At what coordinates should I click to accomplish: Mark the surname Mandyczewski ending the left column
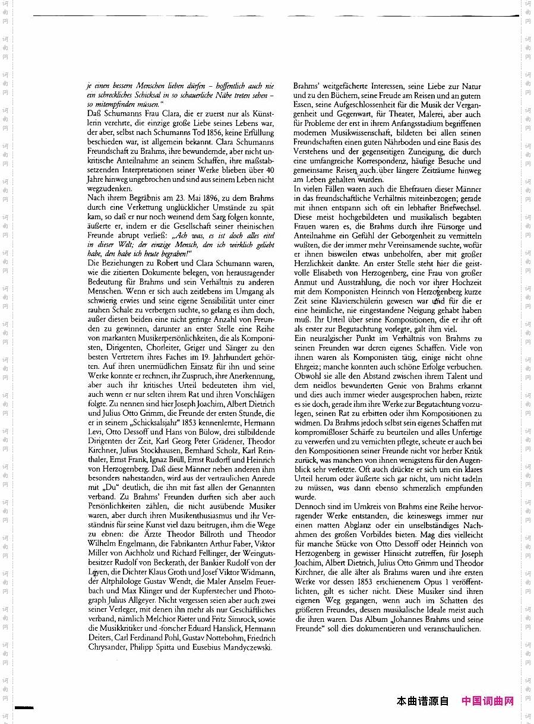(244, 647)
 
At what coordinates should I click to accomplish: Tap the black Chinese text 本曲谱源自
(422, 701)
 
